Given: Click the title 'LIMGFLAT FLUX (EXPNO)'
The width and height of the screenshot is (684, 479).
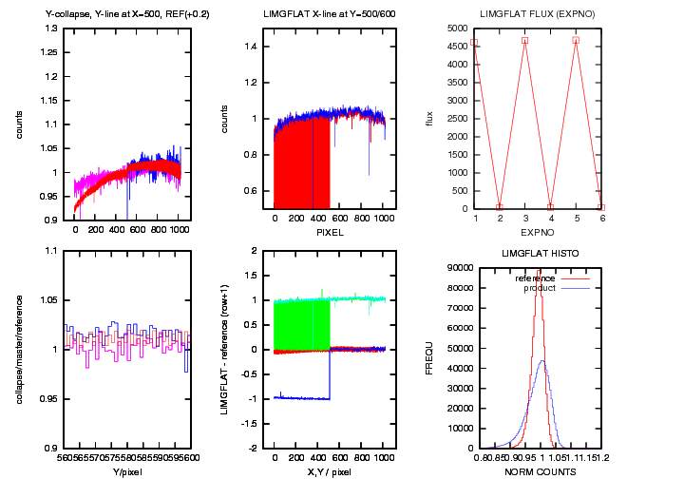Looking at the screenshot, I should (537, 14).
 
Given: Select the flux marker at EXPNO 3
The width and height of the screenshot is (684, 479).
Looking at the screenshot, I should (524, 40).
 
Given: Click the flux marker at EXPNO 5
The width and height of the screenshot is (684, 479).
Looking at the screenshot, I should (576, 40).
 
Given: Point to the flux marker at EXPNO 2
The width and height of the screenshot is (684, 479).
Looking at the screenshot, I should (499, 207).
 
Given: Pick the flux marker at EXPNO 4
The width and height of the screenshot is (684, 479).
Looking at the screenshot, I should (550, 207).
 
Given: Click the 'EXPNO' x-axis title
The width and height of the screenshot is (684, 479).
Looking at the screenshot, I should (537, 231).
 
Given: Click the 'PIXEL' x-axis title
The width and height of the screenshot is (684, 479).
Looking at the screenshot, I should (329, 231).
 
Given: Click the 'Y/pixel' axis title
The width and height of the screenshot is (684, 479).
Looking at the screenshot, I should (125, 471).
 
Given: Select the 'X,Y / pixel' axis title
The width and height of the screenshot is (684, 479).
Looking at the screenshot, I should (329, 471).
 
